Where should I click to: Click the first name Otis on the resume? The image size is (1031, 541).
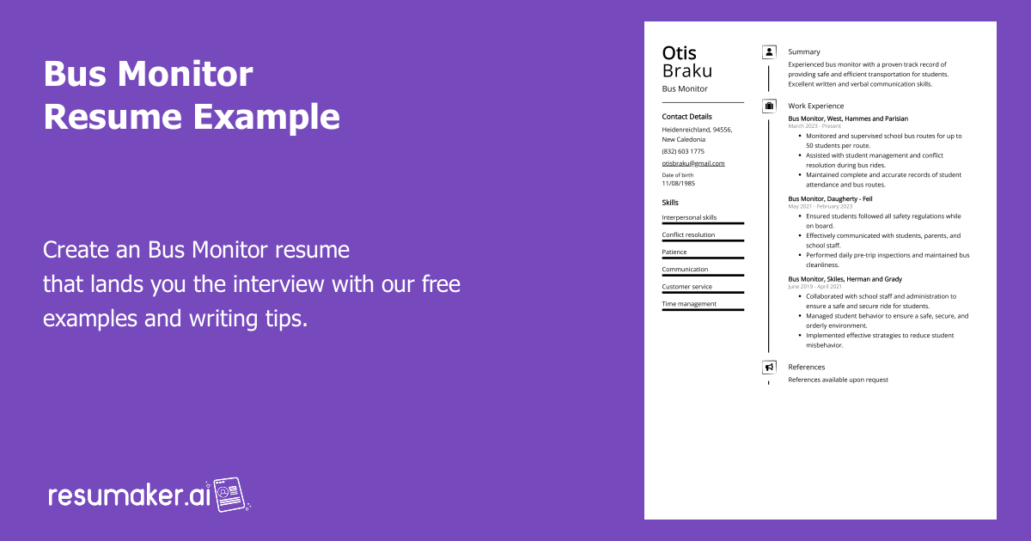[x=680, y=53]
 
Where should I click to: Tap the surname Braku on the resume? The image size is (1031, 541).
[x=687, y=71]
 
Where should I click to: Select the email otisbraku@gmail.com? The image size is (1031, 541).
[x=692, y=163]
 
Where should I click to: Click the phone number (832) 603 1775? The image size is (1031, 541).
[x=683, y=151]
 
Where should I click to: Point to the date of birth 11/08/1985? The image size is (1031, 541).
[x=679, y=183]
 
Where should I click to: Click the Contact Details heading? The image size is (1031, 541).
[x=686, y=117]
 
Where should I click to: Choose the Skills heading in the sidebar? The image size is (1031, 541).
[x=670, y=203]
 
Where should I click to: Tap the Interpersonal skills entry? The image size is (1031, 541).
[x=689, y=218]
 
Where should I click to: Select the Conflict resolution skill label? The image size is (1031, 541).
[x=688, y=235]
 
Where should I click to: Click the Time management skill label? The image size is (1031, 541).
[x=689, y=304]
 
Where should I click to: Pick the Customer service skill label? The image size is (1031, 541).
[x=687, y=287]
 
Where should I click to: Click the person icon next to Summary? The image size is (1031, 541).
[x=769, y=52]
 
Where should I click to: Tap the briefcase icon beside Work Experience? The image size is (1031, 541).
[x=769, y=106]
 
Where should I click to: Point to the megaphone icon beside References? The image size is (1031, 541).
[x=769, y=368]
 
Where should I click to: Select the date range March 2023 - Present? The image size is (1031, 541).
[x=814, y=126]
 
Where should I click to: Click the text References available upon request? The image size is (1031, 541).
[x=838, y=380]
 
